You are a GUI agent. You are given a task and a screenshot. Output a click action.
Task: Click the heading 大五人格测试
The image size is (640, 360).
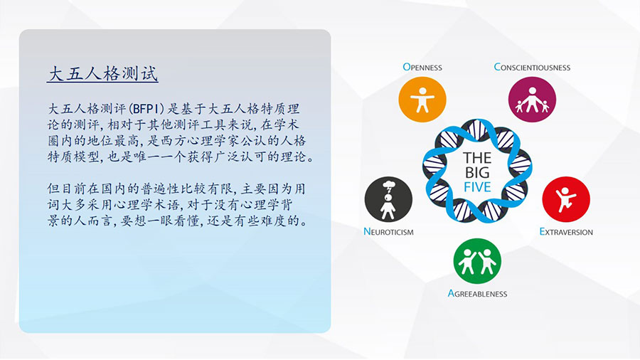point(103,74)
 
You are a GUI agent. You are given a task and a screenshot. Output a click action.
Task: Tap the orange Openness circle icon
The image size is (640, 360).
point(422,99)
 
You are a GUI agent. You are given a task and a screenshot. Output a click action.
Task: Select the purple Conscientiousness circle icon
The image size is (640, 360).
point(532,99)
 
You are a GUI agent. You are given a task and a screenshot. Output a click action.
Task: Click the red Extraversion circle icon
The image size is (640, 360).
point(566,200)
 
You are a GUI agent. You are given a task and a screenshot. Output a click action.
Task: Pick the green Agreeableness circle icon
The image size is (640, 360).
point(477,261)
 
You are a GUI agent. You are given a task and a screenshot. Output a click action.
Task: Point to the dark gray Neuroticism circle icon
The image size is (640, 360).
point(388,200)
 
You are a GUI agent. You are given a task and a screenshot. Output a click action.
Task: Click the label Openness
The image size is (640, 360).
point(422,67)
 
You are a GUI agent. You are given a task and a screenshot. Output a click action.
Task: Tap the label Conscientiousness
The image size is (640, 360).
point(532,67)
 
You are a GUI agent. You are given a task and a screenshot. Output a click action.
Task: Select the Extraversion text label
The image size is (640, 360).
point(566,232)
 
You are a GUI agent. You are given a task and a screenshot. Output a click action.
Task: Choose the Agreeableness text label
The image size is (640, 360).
point(477,293)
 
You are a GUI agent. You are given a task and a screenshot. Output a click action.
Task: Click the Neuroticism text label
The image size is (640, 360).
point(388,232)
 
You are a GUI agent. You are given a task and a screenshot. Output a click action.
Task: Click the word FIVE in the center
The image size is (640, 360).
point(477,187)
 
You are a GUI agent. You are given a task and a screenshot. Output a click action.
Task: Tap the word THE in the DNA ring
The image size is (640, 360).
point(477,158)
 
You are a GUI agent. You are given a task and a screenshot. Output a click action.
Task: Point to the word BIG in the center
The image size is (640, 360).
point(477,172)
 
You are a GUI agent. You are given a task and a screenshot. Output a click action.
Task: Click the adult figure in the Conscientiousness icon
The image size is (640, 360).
point(532,99)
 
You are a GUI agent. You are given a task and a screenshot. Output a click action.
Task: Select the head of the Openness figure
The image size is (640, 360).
point(422,90)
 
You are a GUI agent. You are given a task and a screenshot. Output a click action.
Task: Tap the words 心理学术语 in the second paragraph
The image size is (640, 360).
point(155,204)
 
